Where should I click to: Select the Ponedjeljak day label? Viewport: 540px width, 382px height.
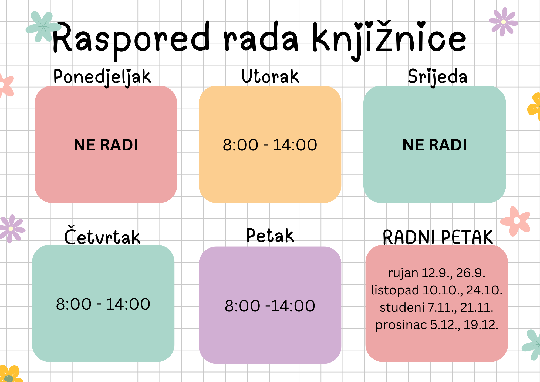[102, 77]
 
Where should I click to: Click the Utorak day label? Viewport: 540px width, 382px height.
[270, 76]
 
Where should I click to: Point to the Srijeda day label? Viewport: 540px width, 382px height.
[437, 77]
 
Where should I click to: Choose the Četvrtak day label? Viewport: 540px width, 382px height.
[102, 235]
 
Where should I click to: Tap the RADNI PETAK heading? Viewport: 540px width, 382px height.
[438, 237]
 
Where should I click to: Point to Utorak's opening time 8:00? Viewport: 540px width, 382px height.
[240, 145]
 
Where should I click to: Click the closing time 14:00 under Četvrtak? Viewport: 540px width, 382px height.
[128, 304]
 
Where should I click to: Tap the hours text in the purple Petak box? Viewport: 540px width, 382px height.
[270, 306]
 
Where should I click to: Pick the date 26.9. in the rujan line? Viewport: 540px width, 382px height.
[471, 273]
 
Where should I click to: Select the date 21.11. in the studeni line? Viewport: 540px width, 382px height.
[477, 307]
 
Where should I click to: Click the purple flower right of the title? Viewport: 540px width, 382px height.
[503, 22]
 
